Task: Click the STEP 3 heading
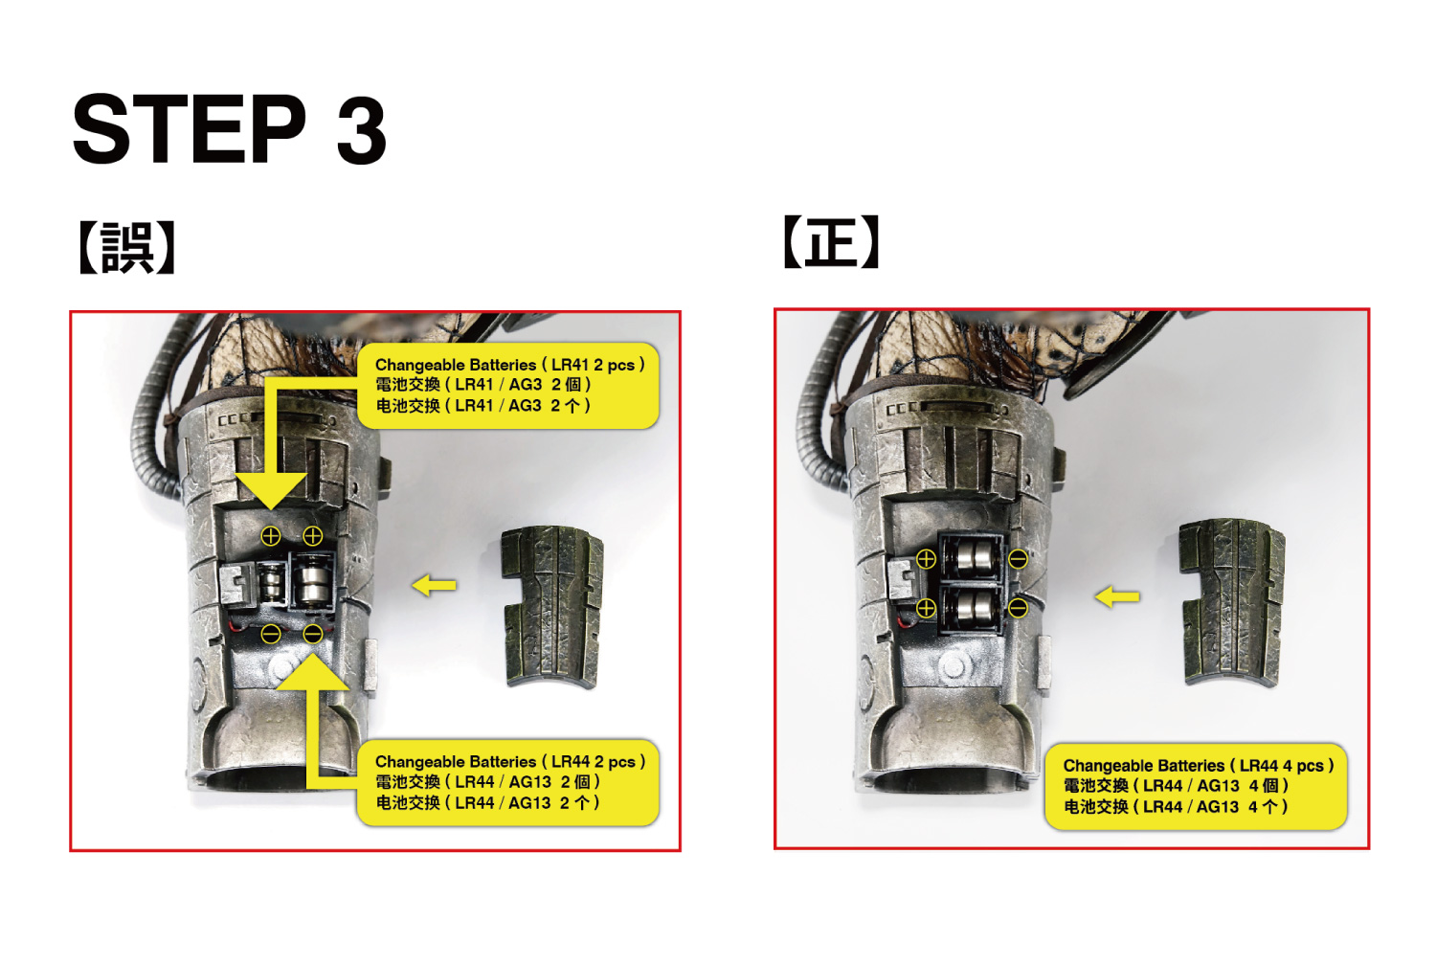(230, 128)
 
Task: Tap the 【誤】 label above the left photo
(126, 248)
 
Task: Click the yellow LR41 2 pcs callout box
(507, 386)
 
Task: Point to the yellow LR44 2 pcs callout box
(507, 782)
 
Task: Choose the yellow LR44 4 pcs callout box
(1197, 786)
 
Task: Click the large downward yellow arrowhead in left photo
(271, 490)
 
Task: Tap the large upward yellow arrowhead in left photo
(313, 671)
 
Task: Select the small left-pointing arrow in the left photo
(434, 585)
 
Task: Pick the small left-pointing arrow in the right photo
(1117, 597)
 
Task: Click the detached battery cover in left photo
(552, 607)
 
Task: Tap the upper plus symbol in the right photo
(926, 559)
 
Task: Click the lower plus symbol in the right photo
(926, 608)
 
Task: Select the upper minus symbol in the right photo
(1018, 559)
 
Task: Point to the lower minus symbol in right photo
(1018, 608)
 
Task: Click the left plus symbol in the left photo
(271, 536)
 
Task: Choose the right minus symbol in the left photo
(313, 634)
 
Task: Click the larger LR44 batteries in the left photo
(313, 582)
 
